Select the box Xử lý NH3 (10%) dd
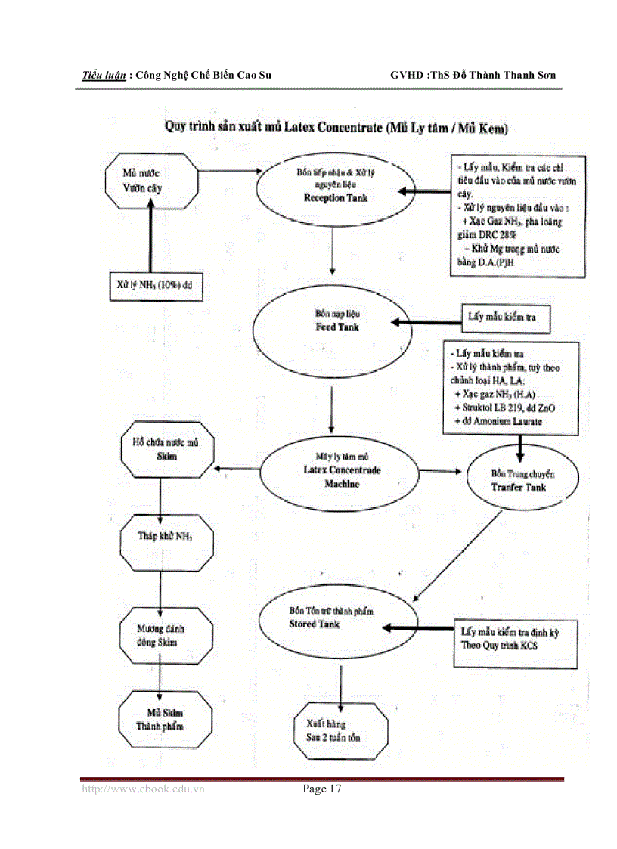coord(155,286)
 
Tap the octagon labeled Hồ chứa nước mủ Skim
coord(168,449)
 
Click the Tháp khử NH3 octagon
coord(166,538)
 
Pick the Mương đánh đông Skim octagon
coord(161,635)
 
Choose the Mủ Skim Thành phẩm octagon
coord(160,719)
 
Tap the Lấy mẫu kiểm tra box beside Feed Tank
coord(505,318)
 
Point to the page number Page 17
coord(322,789)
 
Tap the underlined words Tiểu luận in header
coord(104,76)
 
